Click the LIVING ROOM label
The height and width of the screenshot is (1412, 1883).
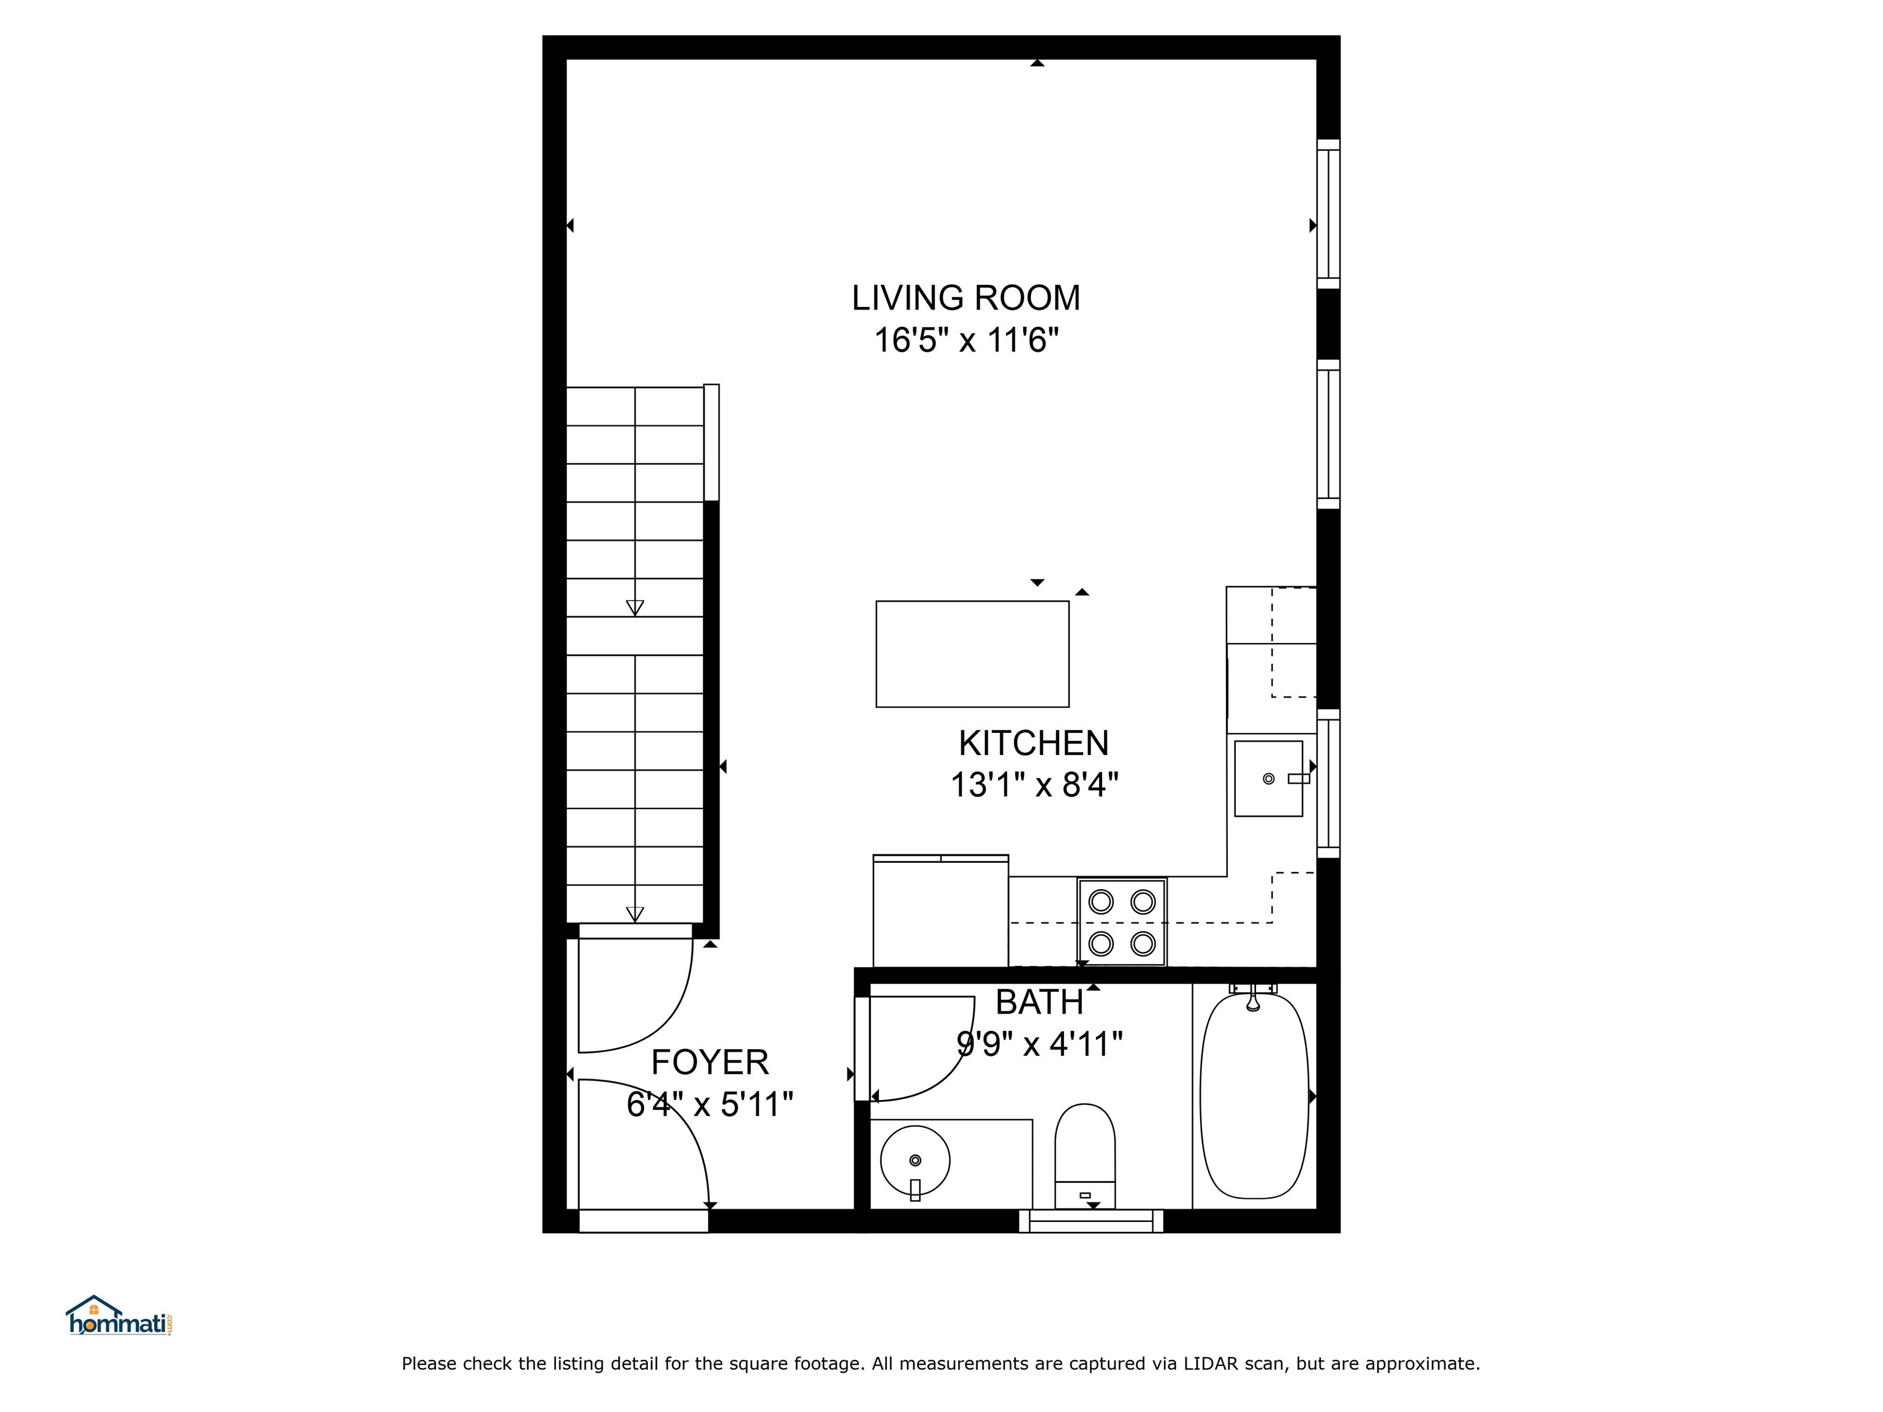click(965, 298)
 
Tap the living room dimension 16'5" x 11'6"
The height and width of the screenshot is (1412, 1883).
click(965, 341)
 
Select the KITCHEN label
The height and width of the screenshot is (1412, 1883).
click(1033, 743)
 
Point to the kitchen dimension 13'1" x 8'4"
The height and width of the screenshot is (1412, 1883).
click(1033, 784)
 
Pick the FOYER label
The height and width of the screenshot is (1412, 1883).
click(709, 1062)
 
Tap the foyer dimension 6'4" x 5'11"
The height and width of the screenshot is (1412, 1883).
click(709, 1105)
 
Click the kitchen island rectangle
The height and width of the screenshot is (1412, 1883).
click(972, 654)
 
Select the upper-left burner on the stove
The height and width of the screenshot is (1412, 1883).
click(1101, 901)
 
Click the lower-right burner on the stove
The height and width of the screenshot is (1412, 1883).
click(1143, 943)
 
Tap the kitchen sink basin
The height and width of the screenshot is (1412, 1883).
click(1268, 778)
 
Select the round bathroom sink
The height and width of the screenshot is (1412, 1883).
click(915, 1160)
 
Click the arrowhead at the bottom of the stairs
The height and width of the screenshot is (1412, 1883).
click(634, 914)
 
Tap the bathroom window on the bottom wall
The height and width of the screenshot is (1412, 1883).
click(1090, 1221)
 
